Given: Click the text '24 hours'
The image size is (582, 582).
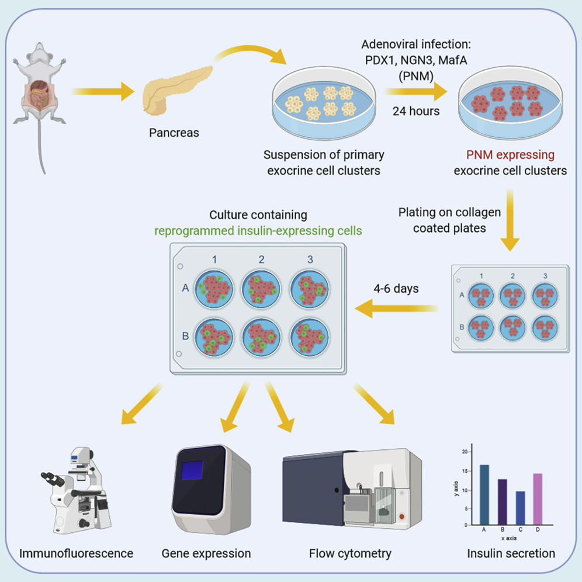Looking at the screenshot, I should pos(417,110).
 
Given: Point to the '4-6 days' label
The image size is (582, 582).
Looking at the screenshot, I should pos(397,289).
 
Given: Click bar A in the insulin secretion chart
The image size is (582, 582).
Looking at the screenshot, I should pos(484,494).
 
